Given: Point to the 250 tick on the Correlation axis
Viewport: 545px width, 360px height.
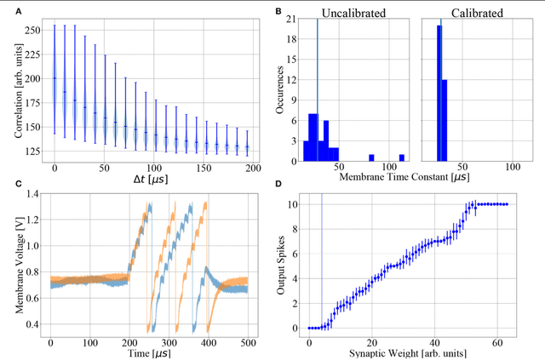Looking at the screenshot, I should coord(31,30).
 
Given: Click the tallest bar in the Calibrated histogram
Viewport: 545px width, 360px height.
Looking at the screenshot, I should coord(439,94).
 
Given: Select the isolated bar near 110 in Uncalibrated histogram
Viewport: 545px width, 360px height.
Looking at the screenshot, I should coord(401,157).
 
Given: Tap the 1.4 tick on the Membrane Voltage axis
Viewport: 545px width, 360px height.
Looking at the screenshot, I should coord(32,195).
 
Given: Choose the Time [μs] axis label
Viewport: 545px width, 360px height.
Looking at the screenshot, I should coord(150,351).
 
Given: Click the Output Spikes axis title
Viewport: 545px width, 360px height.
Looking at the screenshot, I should coord(282,264).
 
